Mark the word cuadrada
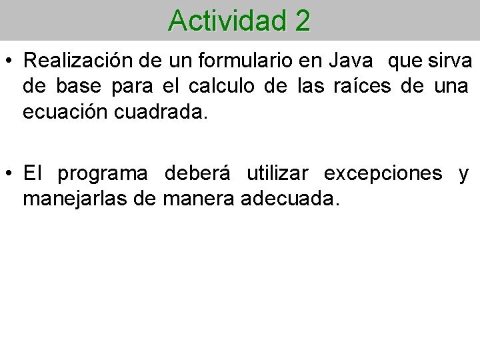161,112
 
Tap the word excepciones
383,175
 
